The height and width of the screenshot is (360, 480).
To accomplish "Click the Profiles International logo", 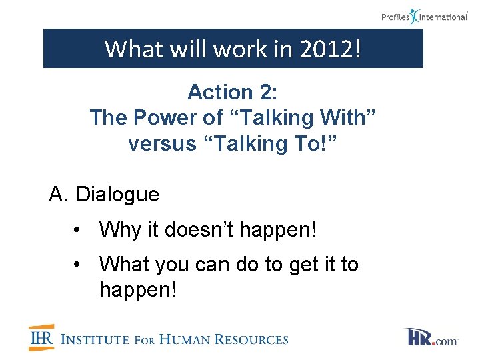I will coord(425,16).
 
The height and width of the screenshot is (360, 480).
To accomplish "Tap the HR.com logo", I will coord(431,338).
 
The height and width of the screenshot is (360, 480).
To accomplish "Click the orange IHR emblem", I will coord(42,338).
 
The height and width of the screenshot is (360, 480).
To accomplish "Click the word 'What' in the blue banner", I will coord(129,49).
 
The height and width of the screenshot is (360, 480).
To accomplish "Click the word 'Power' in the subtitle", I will coord(166,118).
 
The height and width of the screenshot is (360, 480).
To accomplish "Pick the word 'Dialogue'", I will coord(118,195).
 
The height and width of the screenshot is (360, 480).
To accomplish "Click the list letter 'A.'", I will coord(59,195).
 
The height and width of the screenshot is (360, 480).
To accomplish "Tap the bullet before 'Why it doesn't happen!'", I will coord(79,231).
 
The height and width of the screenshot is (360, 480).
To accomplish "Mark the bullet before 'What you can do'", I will coord(79,265).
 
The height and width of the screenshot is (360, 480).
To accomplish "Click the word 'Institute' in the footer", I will coord(95,339).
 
